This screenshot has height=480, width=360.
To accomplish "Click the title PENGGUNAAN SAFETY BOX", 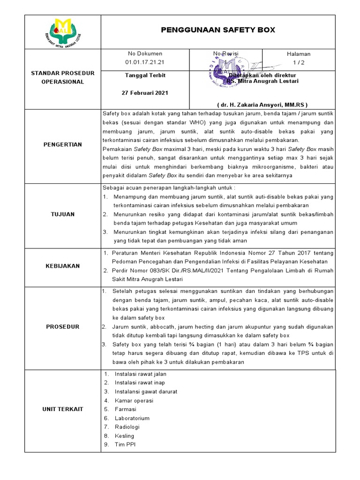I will [x=218, y=30].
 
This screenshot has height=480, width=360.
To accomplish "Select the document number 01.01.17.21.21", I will [x=145, y=62].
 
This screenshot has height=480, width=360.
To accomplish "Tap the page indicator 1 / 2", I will [x=299, y=62].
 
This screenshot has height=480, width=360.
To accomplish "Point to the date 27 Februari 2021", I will [x=145, y=93].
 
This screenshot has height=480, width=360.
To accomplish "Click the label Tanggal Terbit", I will [x=145, y=75].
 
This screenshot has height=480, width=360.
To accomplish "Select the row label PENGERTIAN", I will [x=63, y=145].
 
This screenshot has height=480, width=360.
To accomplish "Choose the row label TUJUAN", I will [x=63, y=214].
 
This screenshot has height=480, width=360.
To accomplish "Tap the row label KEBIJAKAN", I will [x=63, y=266].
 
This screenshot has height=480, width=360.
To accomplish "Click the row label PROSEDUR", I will [x=63, y=327].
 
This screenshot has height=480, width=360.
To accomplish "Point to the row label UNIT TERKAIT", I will [x=63, y=409].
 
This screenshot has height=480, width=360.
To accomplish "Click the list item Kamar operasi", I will [x=134, y=401].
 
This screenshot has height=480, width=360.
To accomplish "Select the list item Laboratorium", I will [x=132, y=418].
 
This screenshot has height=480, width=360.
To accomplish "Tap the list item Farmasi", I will [x=125, y=409].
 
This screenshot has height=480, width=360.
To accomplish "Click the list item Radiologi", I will [x=127, y=427].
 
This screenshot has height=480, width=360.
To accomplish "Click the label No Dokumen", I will [x=145, y=54].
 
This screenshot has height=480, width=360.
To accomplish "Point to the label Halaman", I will [x=299, y=54].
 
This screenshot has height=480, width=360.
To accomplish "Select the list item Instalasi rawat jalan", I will [x=141, y=374].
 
